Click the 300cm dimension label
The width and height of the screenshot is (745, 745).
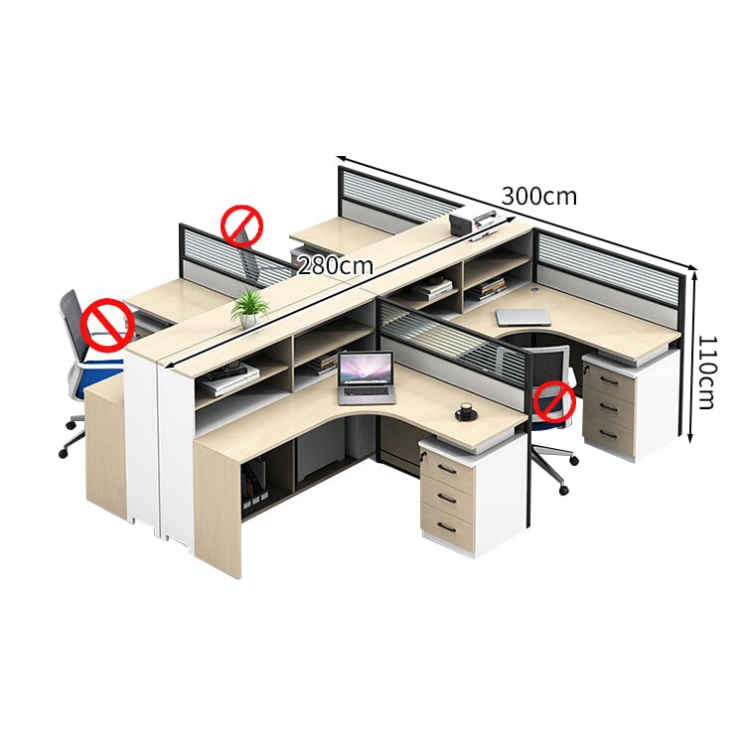(539, 196)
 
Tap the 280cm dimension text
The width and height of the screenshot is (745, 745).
(335, 265)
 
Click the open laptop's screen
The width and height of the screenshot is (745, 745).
(366, 369)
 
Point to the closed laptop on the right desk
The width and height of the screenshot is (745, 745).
(522, 317)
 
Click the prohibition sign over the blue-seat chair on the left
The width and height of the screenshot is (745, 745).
(107, 325)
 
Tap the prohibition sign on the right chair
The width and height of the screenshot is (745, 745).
(554, 402)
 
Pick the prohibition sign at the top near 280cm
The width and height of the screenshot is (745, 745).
(242, 226)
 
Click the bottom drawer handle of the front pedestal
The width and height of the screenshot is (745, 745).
(447, 527)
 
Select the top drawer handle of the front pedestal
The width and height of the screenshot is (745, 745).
(447, 470)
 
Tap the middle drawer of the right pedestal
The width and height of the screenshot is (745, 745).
(609, 407)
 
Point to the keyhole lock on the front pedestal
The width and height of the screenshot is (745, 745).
(424, 458)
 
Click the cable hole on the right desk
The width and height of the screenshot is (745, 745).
(537, 288)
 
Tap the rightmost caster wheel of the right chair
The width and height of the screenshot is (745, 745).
(574, 460)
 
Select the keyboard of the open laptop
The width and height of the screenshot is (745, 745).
(367, 391)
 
